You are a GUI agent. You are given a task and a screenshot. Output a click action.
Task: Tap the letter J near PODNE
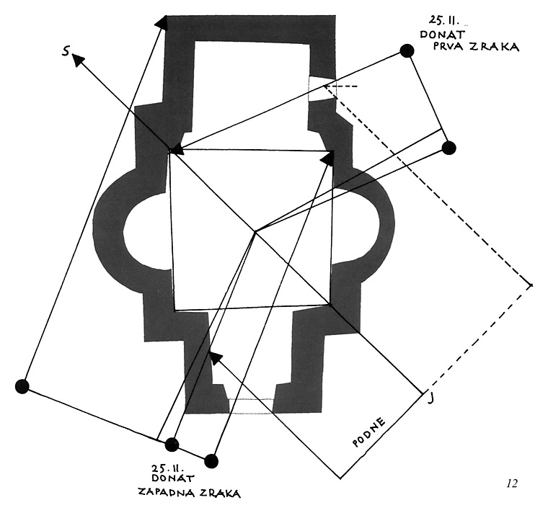click(430, 397)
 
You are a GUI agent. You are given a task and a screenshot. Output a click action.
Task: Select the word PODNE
click(369, 430)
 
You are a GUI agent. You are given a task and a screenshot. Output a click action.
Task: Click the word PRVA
click(448, 47)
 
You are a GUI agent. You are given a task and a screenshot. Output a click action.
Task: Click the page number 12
click(512, 483)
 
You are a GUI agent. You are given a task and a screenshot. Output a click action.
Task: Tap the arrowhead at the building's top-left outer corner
click(161, 23)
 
